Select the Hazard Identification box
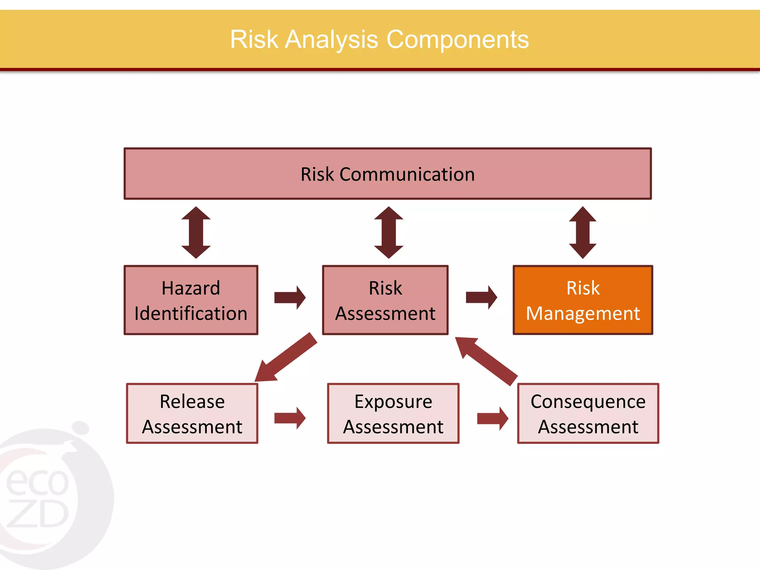pos(191,300)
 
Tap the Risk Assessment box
pos(385,300)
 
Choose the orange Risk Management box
pos(583,300)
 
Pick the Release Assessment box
pos(192,413)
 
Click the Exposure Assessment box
pos(393,413)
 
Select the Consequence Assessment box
pos(588,413)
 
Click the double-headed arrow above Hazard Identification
pos(196,233)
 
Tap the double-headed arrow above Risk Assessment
pos(389,233)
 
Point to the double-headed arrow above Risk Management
pos(583,233)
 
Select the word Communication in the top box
pos(407,174)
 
